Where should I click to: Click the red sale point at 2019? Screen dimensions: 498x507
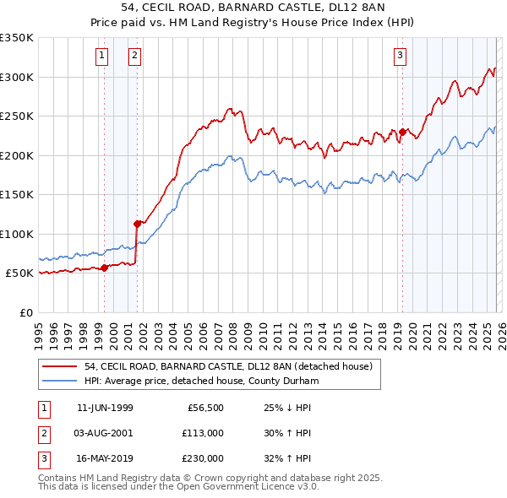coord(403,132)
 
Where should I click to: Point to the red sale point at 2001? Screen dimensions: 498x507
coord(137,224)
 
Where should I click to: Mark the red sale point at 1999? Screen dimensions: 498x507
coord(105,268)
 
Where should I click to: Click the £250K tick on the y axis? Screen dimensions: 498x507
coord(18,116)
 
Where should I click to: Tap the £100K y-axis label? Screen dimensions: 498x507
coord(18,234)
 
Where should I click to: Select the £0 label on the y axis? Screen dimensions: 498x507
coord(27,312)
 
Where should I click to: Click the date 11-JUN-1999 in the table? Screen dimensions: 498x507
coord(105,408)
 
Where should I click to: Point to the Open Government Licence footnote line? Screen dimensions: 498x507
coord(177,486)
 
